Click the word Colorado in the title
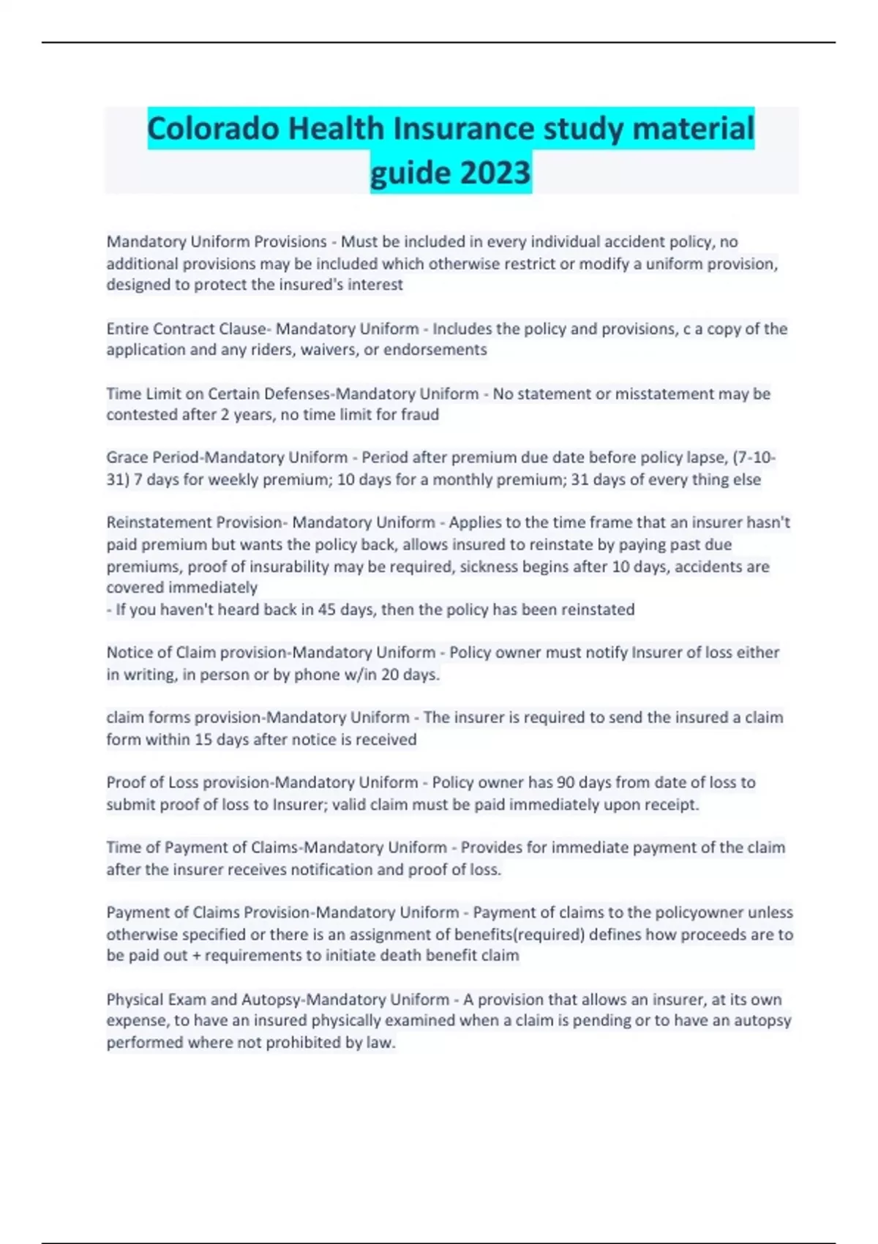pos(212,129)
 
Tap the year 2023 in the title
pos(495,173)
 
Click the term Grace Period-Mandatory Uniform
pos(227,458)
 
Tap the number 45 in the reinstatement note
pos(326,610)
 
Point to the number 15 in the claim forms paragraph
pos(203,740)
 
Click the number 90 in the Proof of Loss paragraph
pos(566,782)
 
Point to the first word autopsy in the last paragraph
pos(762,1021)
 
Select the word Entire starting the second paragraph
pos(127,329)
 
